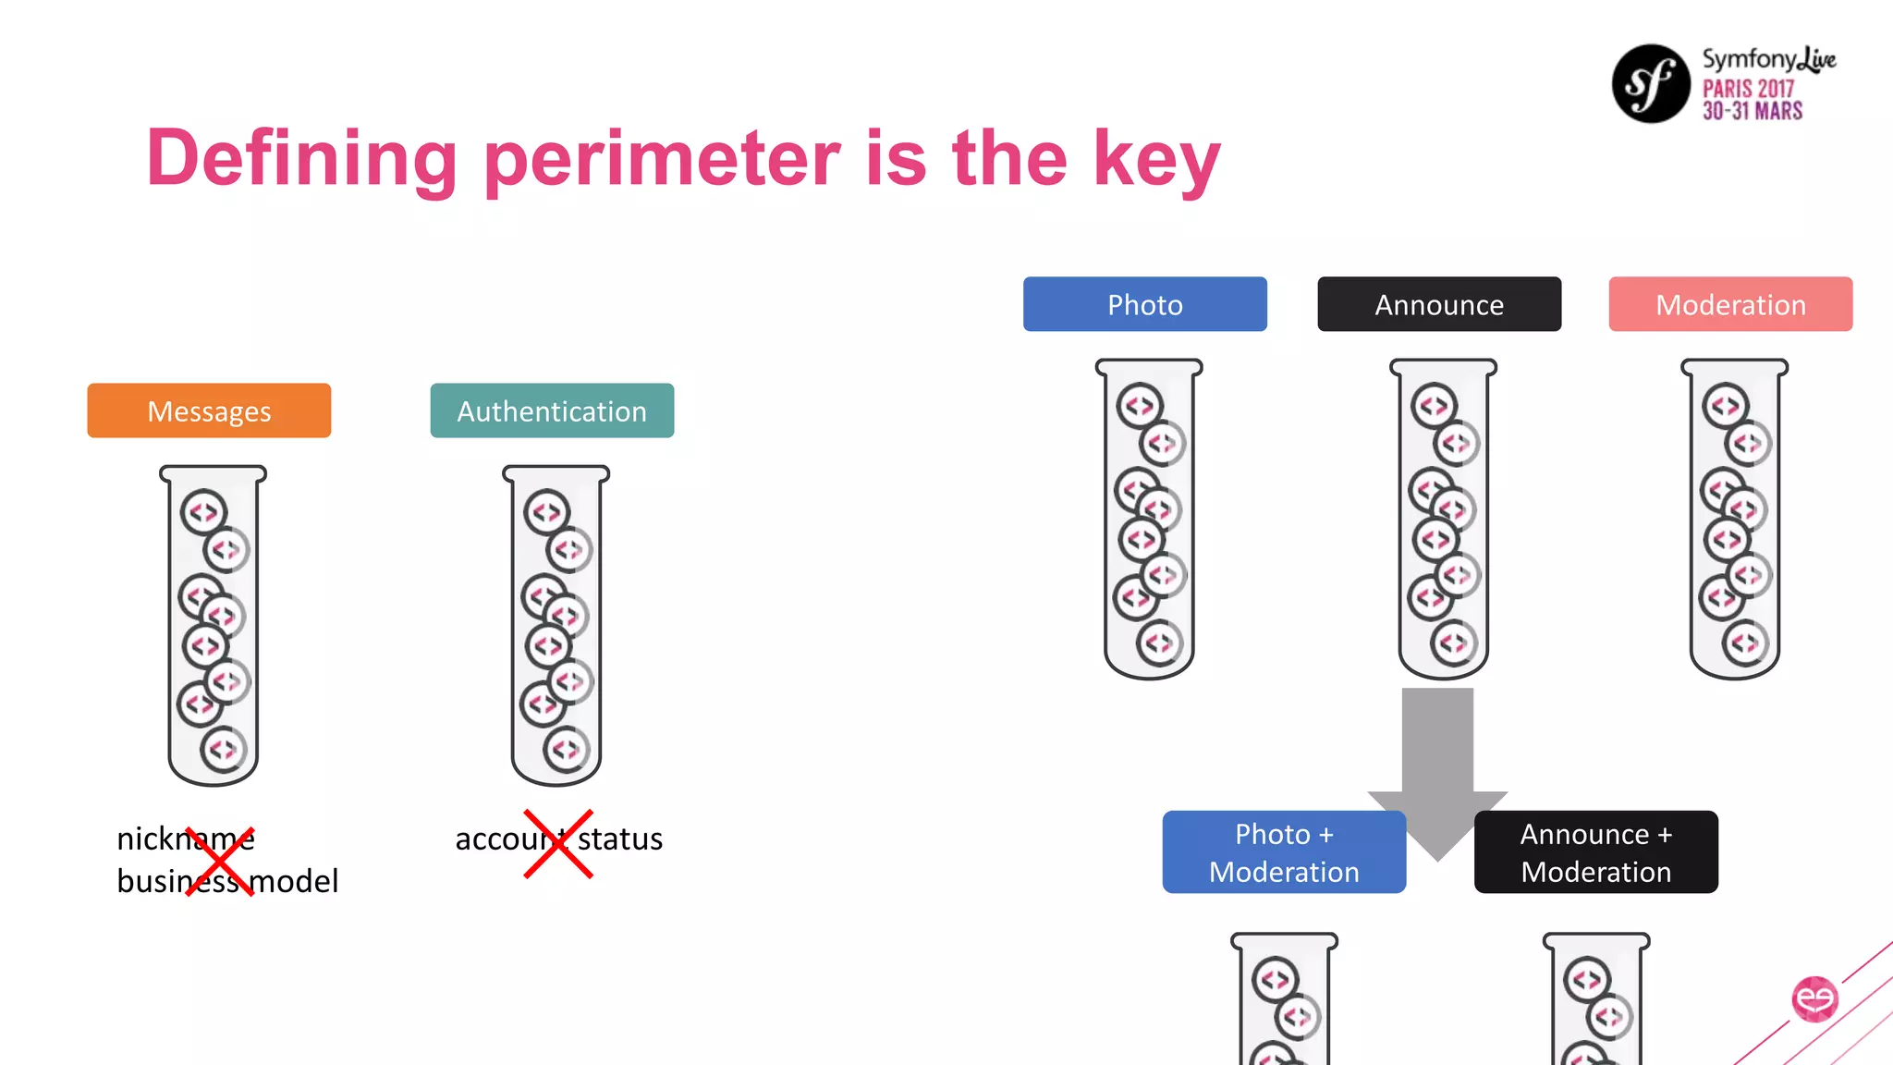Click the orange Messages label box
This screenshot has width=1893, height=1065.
coord(209,410)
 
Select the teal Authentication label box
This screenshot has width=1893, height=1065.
coord(552,410)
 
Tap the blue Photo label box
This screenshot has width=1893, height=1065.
coord(1144,304)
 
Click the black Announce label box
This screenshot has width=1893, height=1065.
coord(1438,304)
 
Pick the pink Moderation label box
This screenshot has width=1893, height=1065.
coord(1729,304)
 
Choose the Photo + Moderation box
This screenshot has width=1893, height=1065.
coord(1283,852)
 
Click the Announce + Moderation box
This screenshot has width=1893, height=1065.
coord(1595,852)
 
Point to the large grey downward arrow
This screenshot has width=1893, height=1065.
coord(1437,758)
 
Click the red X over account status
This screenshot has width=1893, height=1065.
coord(558,843)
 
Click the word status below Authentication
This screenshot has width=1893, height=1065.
coord(620,839)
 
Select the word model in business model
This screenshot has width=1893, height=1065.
coord(294,881)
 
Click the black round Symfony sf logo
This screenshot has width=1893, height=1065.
coord(1651,83)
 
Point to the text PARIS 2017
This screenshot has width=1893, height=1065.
coord(1748,89)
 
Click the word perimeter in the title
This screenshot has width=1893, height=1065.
coord(662,159)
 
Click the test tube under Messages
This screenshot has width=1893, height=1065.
coord(213,625)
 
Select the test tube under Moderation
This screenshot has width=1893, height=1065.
coord(1734,519)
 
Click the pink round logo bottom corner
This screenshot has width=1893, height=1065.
coord(1814,998)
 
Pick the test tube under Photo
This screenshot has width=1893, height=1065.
coord(1149,519)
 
